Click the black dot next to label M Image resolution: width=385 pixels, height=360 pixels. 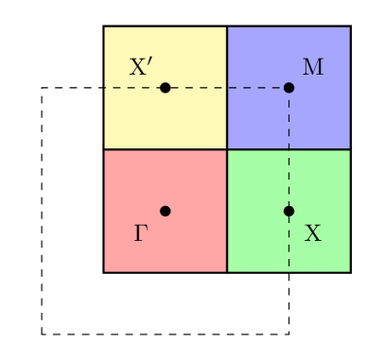tap(289, 88)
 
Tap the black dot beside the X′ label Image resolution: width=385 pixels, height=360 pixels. tap(166, 88)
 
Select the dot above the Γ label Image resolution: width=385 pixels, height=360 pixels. tap(166, 211)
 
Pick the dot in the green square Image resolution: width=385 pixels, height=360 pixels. tap(289, 211)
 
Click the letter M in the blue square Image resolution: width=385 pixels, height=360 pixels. tap(313, 67)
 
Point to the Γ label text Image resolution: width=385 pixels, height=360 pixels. tap(141, 232)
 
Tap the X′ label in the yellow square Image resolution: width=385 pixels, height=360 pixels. tap(141, 67)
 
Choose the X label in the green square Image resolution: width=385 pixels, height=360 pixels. tap(313, 232)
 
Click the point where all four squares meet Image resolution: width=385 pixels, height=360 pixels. tap(227, 149)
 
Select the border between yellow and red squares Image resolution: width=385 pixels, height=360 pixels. tap(166, 149)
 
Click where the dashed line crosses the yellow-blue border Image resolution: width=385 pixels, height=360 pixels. tap(227, 88)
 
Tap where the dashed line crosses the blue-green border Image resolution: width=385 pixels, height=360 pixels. tap(289, 149)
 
